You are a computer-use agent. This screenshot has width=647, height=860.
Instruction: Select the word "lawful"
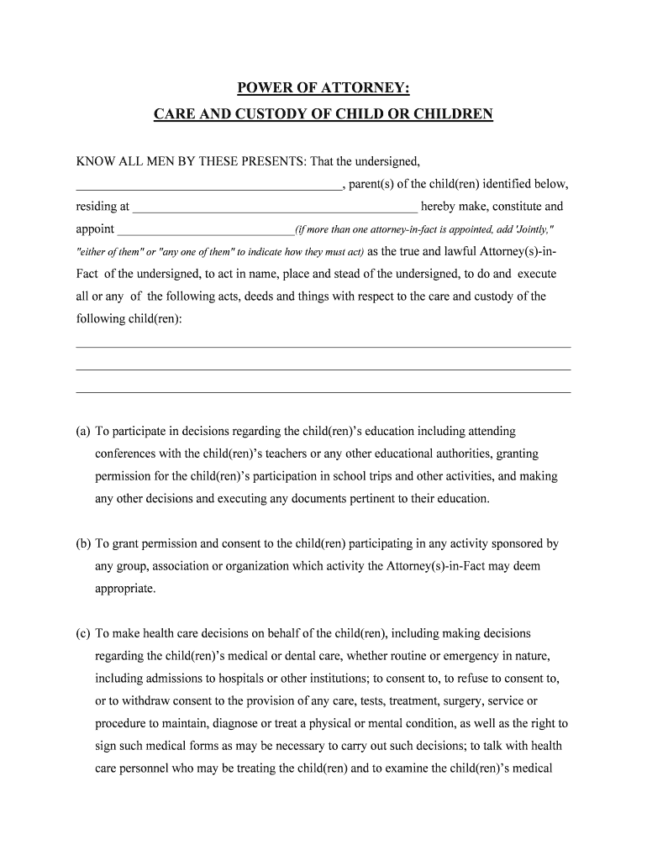click(466, 251)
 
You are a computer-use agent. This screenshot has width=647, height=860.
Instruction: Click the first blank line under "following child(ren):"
click(323, 346)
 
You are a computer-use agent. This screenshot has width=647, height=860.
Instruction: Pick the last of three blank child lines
click(323, 391)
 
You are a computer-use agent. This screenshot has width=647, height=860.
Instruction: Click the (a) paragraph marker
click(82, 431)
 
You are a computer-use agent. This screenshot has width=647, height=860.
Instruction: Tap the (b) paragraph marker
click(82, 543)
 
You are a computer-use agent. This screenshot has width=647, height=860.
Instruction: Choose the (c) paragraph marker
click(82, 633)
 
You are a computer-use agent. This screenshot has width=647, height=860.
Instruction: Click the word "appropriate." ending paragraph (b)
click(125, 589)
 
